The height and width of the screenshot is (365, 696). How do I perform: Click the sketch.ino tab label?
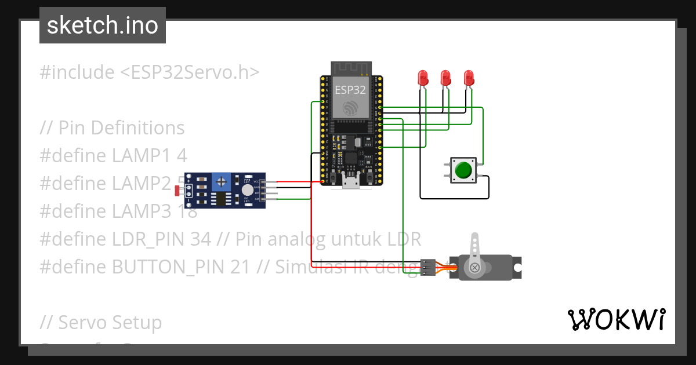(102, 25)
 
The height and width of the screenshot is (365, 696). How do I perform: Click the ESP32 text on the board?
(350, 90)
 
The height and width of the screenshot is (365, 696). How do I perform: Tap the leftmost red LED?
(423, 78)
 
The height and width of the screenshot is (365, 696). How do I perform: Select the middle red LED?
(445, 78)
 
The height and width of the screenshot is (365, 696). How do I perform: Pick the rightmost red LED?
(469, 78)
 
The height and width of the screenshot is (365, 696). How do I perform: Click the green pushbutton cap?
(463, 170)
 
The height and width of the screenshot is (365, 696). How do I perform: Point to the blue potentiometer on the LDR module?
(220, 182)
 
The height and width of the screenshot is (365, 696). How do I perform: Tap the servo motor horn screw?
(475, 267)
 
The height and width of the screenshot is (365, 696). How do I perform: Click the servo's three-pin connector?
(427, 267)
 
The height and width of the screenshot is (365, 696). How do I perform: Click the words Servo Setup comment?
(110, 322)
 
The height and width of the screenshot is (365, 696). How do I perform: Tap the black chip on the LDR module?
(221, 199)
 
